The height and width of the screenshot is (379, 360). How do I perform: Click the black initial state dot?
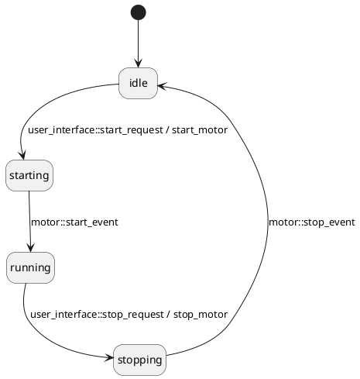tap(139, 12)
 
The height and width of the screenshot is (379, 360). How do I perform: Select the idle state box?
tap(138, 83)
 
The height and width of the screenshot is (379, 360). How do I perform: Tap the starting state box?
tap(29, 175)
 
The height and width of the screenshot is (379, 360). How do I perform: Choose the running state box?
tap(30, 267)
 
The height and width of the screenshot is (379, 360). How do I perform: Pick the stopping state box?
tap(140, 360)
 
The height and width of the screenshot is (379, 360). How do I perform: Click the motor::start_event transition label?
tap(74, 222)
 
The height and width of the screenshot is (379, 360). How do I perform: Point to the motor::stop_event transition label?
tap(312, 222)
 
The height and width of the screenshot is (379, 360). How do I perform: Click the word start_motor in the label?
tap(200, 130)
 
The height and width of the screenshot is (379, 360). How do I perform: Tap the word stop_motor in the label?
tap(201, 315)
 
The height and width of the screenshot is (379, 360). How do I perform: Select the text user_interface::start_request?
tap(95, 130)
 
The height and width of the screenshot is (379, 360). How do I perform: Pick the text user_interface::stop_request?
tap(97, 315)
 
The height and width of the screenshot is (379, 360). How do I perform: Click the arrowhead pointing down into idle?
tap(139, 64)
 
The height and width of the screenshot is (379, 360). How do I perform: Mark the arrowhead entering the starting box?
tap(22, 156)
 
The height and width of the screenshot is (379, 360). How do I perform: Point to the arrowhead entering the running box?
tap(30, 248)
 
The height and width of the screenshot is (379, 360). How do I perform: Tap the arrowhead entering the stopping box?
tap(109, 358)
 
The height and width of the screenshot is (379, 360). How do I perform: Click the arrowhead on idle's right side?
tap(163, 86)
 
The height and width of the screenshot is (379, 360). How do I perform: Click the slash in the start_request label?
tap(168, 130)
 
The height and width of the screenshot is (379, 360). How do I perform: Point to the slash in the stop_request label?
tap(169, 315)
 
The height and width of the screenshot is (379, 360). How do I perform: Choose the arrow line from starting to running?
tap(29, 222)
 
